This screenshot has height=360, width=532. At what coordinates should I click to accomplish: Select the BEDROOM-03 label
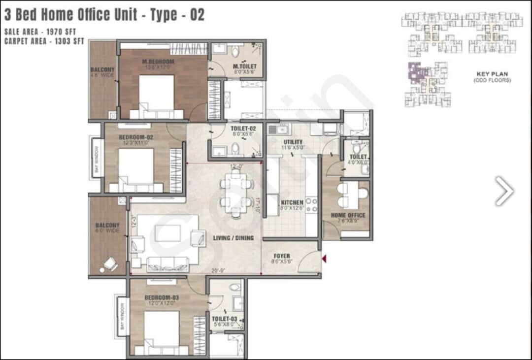161,298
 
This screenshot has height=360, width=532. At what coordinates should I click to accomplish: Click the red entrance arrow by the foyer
324,258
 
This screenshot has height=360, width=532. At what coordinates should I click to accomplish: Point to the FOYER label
282,256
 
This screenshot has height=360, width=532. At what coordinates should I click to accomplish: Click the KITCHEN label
292,202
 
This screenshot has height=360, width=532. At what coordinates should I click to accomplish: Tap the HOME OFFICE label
348,215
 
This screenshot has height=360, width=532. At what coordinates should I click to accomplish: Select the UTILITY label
293,142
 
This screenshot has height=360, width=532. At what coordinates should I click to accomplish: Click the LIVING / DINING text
233,238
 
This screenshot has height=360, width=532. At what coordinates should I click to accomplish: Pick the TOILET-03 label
224,319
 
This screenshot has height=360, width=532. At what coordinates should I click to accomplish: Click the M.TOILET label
245,66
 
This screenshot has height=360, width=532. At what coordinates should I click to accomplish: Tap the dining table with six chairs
236,193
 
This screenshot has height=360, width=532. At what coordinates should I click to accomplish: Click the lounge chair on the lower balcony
109,265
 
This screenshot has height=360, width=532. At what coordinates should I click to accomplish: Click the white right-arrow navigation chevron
504,191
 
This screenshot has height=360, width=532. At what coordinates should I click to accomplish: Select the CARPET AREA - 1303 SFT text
44,41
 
